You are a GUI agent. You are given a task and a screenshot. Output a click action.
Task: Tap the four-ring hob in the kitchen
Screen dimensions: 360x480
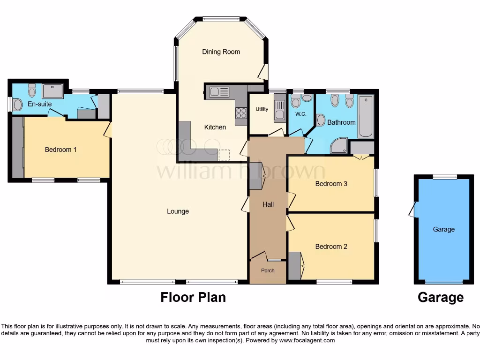tap(241, 112)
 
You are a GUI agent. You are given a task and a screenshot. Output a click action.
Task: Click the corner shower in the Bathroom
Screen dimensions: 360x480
tap(338, 146)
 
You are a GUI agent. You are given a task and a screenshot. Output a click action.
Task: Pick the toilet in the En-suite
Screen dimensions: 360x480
tap(32, 89)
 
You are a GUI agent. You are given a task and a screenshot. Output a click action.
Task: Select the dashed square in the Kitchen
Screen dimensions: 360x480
tap(225, 154)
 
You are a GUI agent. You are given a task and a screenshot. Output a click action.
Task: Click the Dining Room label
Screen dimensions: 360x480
tap(221, 52)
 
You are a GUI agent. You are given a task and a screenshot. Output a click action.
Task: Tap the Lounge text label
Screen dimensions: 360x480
tap(178, 211)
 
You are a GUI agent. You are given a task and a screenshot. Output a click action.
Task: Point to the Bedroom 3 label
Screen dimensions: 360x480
tap(331, 184)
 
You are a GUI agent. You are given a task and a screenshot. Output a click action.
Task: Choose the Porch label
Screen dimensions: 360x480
tap(268, 270)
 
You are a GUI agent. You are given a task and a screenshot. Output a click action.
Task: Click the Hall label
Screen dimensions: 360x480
tap(268, 204)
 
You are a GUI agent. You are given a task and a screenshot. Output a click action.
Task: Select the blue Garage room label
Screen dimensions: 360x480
tap(443, 229)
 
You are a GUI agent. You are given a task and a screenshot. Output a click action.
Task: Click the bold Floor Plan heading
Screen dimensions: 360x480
tap(193, 297)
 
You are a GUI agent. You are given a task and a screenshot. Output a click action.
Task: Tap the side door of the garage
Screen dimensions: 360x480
tap(412, 210)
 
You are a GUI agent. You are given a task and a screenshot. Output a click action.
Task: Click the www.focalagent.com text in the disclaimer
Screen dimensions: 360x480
tap(307, 340)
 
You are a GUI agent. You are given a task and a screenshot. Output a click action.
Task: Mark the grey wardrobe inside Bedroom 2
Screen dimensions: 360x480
tap(294, 266)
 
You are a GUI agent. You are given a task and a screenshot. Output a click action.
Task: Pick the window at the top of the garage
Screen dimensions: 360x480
tap(444, 177)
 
